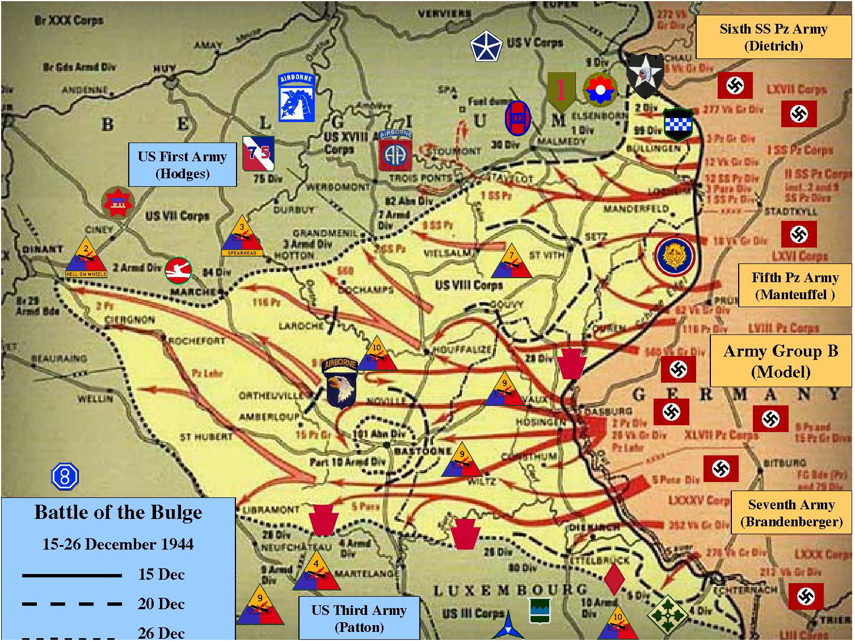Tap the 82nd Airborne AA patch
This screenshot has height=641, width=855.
point(395,151)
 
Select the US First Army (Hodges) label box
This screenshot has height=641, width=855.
point(182,165)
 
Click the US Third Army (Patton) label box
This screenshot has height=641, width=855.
point(359,618)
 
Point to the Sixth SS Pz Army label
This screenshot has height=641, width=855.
point(773,37)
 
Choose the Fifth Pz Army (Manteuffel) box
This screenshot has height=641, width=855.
point(795,286)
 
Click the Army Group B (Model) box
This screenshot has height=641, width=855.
point(781,361)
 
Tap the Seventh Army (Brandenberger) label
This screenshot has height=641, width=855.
point(791,513)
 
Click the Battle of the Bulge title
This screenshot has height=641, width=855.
point(118,512)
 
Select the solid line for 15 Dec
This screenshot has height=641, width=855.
point(72,575)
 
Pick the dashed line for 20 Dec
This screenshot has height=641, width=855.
point(72,604)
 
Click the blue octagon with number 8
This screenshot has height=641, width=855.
point(65,476)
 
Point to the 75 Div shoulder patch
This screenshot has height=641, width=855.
point(258,153)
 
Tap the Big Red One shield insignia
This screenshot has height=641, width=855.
point(561,91)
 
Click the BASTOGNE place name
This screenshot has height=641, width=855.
point(423,451)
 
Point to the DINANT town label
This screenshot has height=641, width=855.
point(43,249)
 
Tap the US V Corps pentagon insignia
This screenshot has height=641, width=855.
point(486,47)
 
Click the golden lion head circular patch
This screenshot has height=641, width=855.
point(674,256)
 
